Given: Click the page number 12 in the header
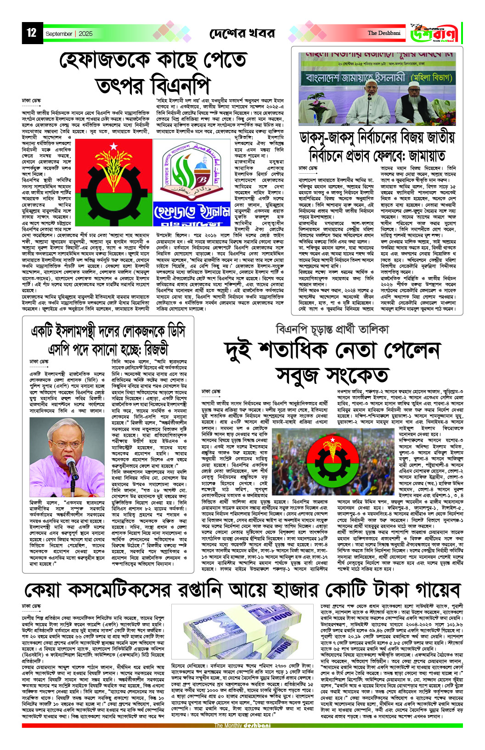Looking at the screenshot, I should (31, 33).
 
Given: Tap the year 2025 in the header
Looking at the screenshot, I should (85, 34).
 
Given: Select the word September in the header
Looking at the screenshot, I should (59, 34).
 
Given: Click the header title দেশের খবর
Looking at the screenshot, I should (242, 34).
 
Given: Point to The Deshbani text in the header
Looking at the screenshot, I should (383, 33).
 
